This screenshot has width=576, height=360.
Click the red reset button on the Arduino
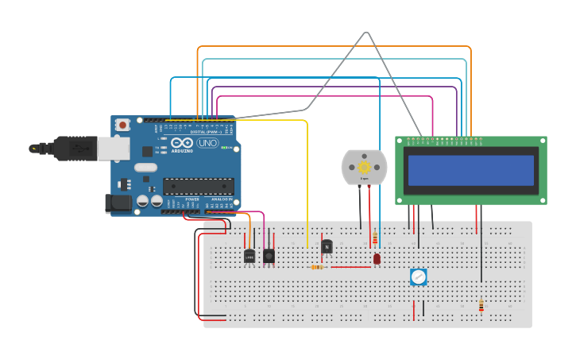click(122, 125)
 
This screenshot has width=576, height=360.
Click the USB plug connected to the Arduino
click(79, 148)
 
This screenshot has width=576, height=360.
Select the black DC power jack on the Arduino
click(118, 203)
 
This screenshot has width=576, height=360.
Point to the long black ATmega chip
click(198, 185)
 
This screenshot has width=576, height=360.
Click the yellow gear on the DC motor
click(365, 167)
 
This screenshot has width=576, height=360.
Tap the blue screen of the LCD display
click(471, 170)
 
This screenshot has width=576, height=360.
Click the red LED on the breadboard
click(377, 258)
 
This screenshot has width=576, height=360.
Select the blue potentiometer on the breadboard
click(419, 277)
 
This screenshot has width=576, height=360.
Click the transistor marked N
click(327, 246)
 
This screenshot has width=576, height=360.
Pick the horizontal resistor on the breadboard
click(318, 267)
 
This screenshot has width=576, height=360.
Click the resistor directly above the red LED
click(375, 238)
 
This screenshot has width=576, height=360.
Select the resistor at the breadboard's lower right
click(481, 305)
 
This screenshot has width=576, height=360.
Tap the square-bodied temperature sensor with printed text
click(249, 256)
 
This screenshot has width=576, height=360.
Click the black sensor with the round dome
click(269, 256)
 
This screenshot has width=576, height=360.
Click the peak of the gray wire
click(367, 33)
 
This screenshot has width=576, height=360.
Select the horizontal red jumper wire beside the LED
click(350, 267)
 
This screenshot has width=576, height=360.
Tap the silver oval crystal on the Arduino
click(145, 168)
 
